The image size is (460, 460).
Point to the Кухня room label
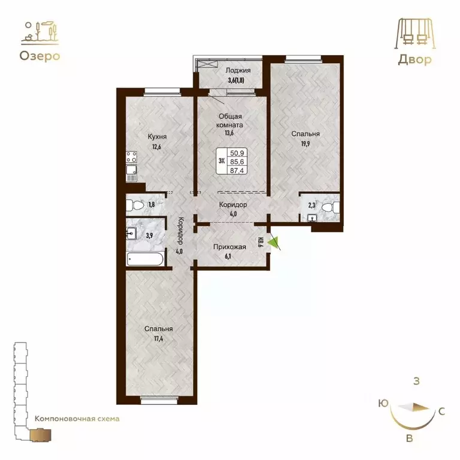(157, 136)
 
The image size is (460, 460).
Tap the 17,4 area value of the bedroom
(159, 338)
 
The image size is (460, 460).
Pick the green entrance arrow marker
(274, 243)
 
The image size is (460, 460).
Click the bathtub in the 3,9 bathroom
(144, 259)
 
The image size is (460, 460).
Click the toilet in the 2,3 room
(330, 207)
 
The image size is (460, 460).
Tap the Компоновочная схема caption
(77, 419)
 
